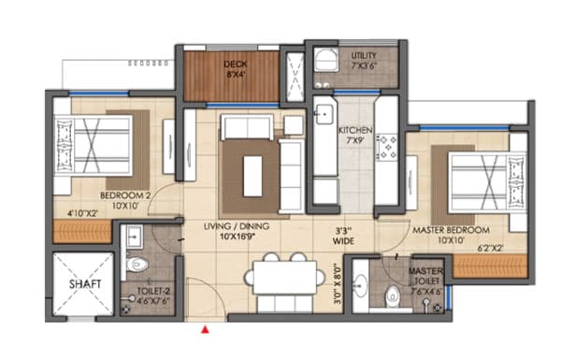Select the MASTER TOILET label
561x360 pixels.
click(425, 278)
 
